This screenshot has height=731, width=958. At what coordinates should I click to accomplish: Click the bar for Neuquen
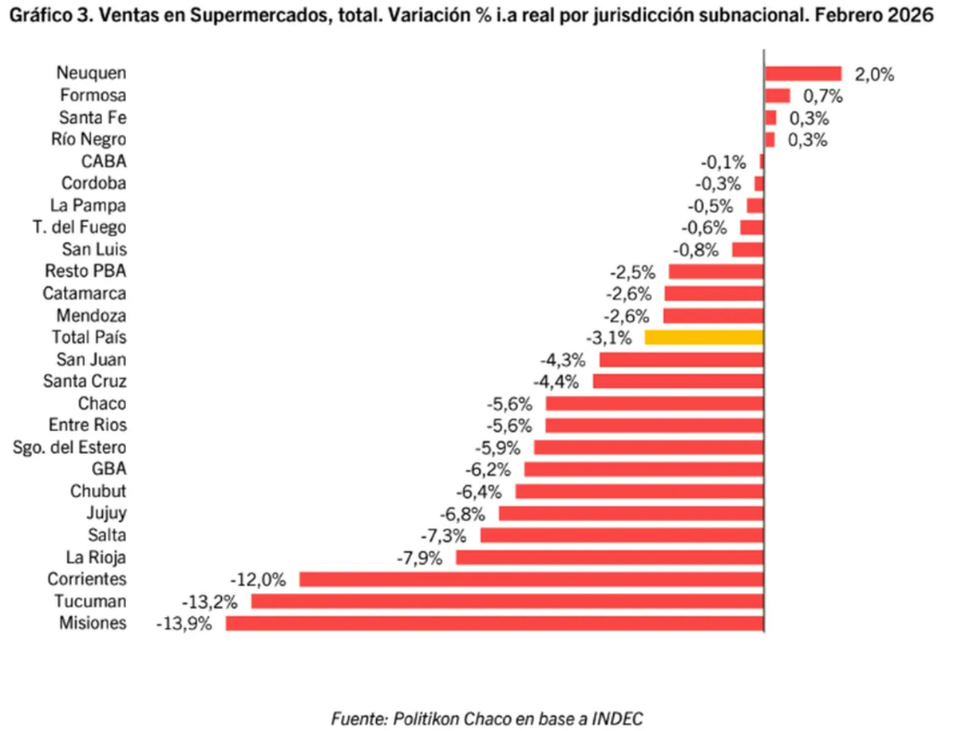803,73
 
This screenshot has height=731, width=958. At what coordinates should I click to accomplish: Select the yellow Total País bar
704,337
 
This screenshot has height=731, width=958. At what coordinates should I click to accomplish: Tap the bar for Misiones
495,623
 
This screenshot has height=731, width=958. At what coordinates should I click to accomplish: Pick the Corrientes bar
532,579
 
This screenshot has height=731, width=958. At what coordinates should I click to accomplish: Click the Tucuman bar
508,601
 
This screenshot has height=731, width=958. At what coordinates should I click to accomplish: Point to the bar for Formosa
778,96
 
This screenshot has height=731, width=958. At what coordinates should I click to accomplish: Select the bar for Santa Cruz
679,381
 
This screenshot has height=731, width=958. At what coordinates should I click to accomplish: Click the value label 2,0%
874,74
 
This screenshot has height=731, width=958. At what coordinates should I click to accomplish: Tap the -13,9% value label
184,624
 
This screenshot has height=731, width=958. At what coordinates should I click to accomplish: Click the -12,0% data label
258,579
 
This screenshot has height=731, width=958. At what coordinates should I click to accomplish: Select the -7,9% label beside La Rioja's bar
419,557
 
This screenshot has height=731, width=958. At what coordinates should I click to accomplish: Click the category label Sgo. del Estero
70,447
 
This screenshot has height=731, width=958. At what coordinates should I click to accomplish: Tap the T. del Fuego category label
80,227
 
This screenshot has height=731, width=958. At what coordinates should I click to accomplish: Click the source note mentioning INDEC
487,717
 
